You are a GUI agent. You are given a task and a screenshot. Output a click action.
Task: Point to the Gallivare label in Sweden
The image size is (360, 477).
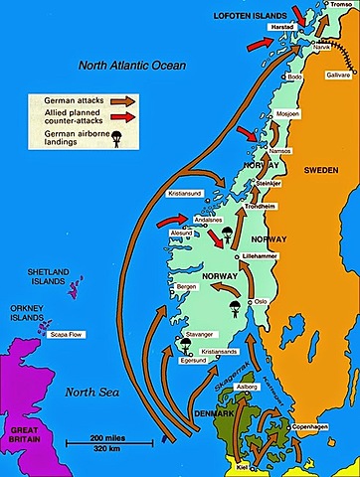coord(338,76)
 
